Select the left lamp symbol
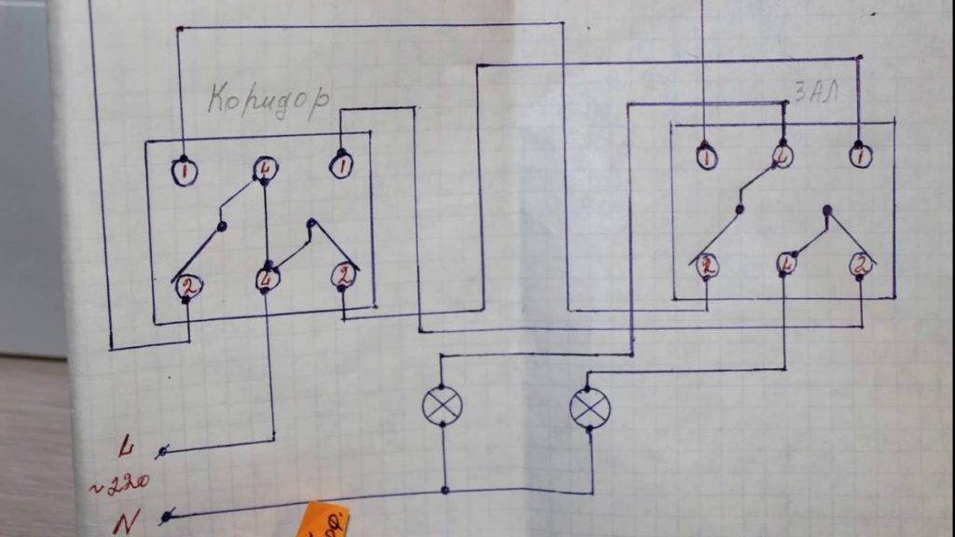pos(442,406)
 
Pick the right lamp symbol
pos(589,407)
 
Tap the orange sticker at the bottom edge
pos(326,520)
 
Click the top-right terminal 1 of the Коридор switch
pos(342,166)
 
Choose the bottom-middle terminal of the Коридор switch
pos(268,279)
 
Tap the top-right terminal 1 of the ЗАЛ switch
pos(860,155)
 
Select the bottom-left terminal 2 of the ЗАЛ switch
pos(707,266)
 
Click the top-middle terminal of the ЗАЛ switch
pos(782,156)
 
